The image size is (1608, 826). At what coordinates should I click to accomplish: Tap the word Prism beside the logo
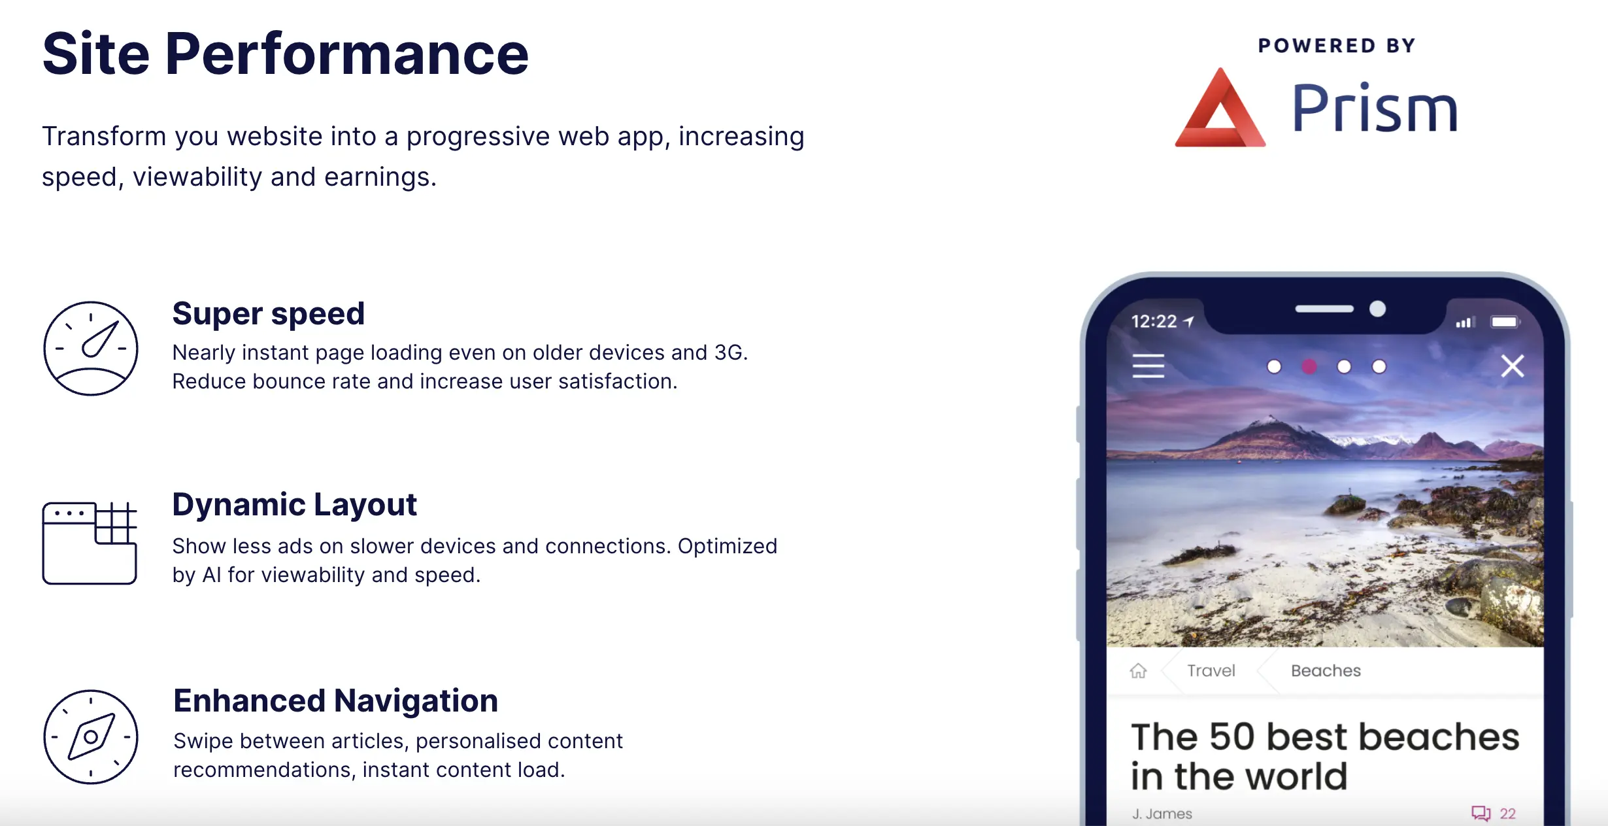pyautogui.click(x=1375, y=108)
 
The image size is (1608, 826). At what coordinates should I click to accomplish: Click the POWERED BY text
pyautogui.click(x=1337, y=46)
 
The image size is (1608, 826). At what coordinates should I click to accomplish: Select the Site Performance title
pyautogui.click(x=285, y=54)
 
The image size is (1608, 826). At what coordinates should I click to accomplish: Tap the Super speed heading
pyautogui.click(x=268, y=314)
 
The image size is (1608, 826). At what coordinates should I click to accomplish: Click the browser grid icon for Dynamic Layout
pyautogui.click(x=43, y=543)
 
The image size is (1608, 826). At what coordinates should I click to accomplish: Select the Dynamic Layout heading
pyautogui.click(x=294, y=505)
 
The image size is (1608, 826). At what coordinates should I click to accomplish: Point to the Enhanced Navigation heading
pyautogui.click(x=335, y=701)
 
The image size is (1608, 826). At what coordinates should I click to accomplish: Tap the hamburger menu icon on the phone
pyautogui.click(x=1148, y=366)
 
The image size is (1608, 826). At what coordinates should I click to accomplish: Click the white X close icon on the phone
pyautogui.click(x=1513, y=366)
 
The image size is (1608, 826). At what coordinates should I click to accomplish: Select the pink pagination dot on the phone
pyautogui.click(x=1309, y=367)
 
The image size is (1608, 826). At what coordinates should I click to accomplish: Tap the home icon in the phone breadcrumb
pyautogui.click(x=1138, y=671)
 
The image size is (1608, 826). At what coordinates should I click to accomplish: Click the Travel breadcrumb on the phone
pyautogui.click(x=1211, y=670)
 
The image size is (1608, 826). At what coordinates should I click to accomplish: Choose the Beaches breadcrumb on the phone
pyautogui.click(x=1326, y=670)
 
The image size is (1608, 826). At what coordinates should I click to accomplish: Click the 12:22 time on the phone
pyautogui.click(x=1154, y=322)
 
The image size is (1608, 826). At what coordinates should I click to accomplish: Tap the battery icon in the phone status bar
pyautogui.click(x=1505, y=322)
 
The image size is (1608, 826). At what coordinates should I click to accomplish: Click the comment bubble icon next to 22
pyautogui.click(x=1481, y=813)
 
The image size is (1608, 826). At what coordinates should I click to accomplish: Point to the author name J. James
pyautogui.click(x=1162, y=814)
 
